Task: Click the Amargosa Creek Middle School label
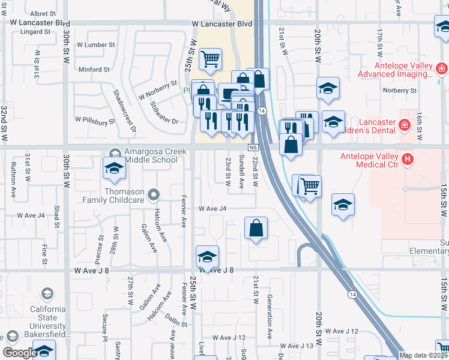151,156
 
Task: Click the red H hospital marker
408,160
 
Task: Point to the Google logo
19,353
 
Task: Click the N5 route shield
253,147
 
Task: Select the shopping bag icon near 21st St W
256,228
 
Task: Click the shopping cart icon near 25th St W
210,59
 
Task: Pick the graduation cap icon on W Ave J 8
207,257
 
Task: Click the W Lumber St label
94,45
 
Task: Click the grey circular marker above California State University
47,293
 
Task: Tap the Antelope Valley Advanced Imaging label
395,70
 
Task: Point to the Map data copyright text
423,355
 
